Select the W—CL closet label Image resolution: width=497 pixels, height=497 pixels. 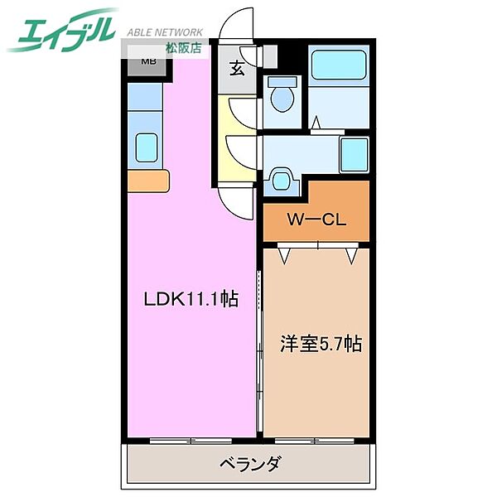pyautogui.click(x=316, y=221)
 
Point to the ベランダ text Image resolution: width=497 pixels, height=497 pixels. pyautogui.click(x=249, y=464)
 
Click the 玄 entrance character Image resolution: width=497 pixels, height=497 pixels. pyautogui.click(x=237, y=70)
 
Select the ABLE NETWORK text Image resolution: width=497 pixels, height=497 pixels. pyautogui.click(x=166, y=30)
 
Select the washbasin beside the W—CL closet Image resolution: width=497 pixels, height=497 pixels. pyautogui.click(x=282, y=180)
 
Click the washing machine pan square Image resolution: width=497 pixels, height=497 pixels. pyautogui.click(x=354, y=155)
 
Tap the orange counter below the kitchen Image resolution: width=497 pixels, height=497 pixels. pyautogui.click(x=148, y=179)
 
